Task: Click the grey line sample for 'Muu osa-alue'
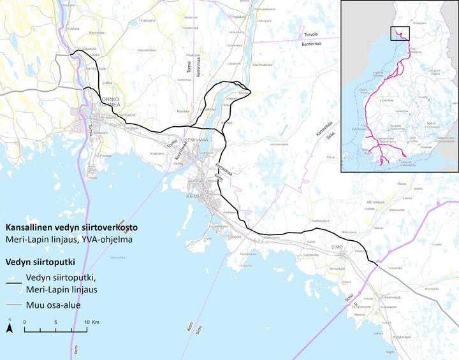tap(13, 305)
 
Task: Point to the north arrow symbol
tap(10, 327)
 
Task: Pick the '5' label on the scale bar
tap(56, 322)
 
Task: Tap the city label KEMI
tap(193, 197)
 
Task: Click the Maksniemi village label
tap(272, 238)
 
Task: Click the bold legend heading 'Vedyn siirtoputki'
tap(41, 261)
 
